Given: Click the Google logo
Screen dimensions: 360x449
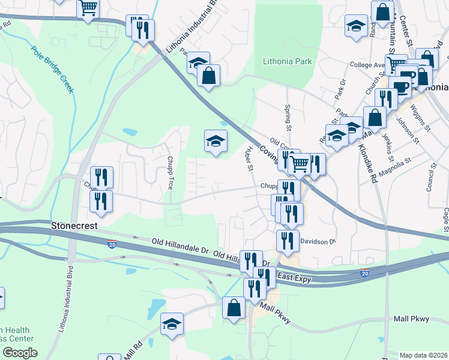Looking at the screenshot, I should click(19, 353).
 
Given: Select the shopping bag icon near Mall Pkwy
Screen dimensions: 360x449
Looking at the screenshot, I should click(234, 308).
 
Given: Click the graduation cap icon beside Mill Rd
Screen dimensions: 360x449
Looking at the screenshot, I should click(172, 324).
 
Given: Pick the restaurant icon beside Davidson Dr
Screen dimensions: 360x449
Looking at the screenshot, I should click(288, 241).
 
